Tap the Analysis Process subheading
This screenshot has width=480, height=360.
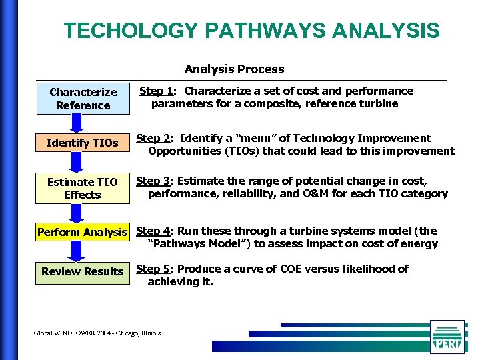(x=234, y=69)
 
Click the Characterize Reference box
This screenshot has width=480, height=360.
(x=83, y=99)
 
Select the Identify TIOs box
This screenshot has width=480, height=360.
(x=83, y=143)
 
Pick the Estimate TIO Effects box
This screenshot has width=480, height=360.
(x=83, y=188)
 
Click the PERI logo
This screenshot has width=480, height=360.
(x=447, y=337)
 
